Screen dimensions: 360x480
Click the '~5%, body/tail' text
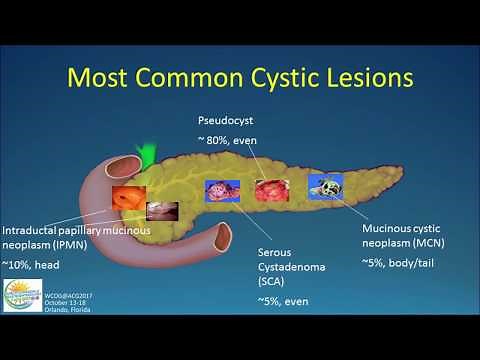(402, 263)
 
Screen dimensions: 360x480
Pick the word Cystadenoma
(290, 268)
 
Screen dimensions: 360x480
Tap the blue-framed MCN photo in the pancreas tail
(325, 187)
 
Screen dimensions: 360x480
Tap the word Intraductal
(32, 228)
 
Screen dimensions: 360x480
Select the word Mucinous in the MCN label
(390, 228)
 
